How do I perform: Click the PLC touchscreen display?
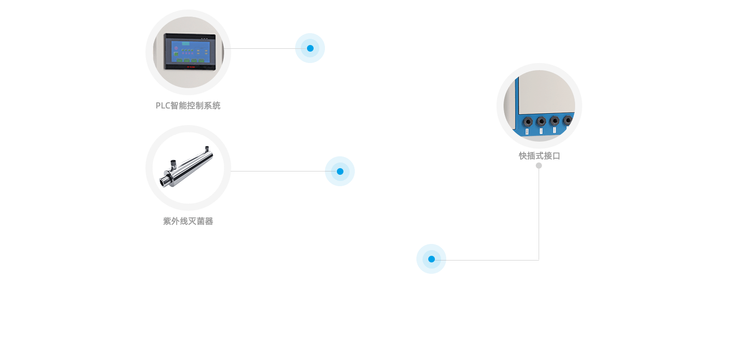pyautogui.click(x=190, y=52)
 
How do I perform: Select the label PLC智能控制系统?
pyautogui.click(x=188, y=106)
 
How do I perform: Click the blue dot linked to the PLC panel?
pyautogui.click(x=310, y=48)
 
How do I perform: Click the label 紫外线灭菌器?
pyautogui.click(x=188, y=221)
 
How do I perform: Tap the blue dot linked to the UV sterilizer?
pyautogui.click(x=340, y=171)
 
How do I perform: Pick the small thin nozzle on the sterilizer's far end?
pyautogui.click(x=207, y=149)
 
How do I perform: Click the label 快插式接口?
pyautogui.click(x=539, y=156)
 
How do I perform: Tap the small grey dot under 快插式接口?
pyautogui.click(x=539, y=165)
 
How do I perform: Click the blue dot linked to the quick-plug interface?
pyautogui.click(x=431, y=259)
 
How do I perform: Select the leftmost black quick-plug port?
pyautogui.click(x=528, y=122)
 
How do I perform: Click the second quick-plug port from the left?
pyautogui.click(x=541, y=122)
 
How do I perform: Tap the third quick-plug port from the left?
pyautogui.click(x=554, y=121)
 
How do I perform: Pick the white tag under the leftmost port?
pyautogui.click(x=528, y=131)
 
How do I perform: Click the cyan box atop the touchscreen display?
pyautogui.click(x=186, y=44)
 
